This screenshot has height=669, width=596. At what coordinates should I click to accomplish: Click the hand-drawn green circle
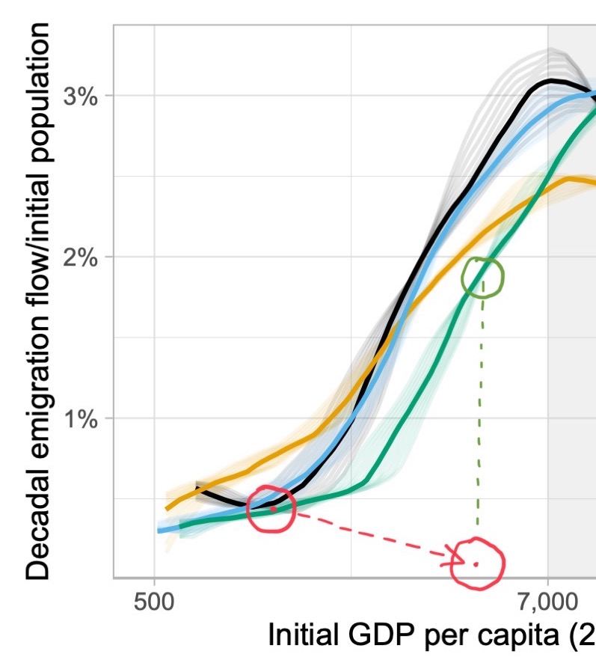(483, 278)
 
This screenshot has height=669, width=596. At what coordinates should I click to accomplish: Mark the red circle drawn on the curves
(271, 508)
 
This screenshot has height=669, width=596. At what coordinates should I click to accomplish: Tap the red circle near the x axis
(477, 563)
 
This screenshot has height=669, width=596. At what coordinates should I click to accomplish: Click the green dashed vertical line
(479, 404)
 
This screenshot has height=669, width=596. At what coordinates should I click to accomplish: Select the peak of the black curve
(551, 79)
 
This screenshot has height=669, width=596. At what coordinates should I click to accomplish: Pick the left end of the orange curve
(167, 509)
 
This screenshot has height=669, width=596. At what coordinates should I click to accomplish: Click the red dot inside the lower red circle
(476, 563)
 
